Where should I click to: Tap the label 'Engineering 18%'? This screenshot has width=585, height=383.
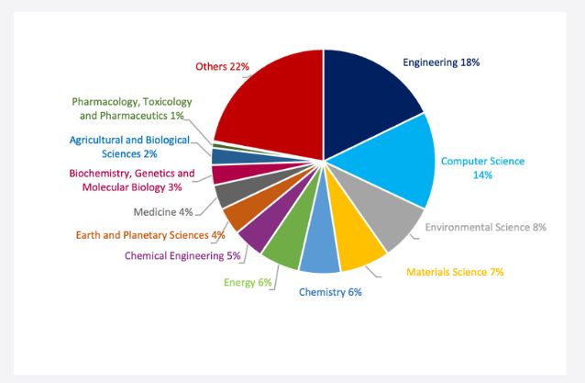(x=441, y=62)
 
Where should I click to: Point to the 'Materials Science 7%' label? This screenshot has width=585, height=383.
(x=455, y=271)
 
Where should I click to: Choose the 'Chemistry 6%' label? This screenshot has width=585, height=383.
(x=330, y=292)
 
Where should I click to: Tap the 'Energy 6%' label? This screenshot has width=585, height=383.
(x=248, y=282)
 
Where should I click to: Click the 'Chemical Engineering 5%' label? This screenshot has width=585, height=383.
(x=182, y=255)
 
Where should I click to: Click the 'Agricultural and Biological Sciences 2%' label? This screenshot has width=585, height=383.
(x=130, y=146)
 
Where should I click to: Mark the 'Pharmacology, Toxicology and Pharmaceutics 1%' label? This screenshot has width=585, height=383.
(x=129, y=108)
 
